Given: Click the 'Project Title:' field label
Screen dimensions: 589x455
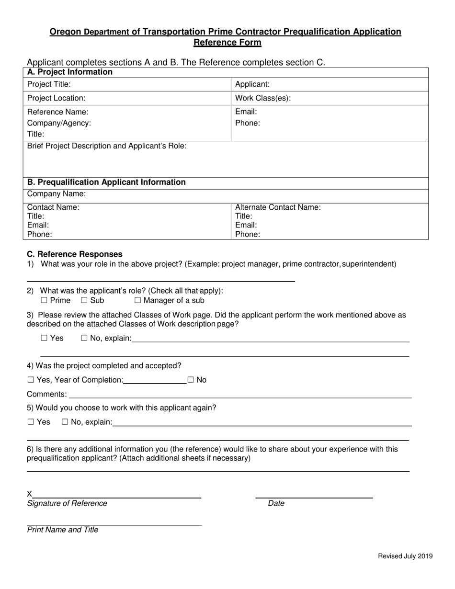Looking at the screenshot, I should (x=49, y=84).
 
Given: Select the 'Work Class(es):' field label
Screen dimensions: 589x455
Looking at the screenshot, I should (x=263, y=98).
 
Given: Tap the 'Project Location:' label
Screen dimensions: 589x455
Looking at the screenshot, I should (x=56, y=98).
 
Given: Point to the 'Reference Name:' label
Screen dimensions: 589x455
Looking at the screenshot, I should (x=57, y=112).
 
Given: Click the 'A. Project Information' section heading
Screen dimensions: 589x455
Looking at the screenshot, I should (x=70, y=72).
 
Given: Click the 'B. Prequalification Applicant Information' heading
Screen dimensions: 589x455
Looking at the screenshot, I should (x=106, y=182).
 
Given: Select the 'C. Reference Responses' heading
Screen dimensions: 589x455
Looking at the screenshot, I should (x=75, y=254).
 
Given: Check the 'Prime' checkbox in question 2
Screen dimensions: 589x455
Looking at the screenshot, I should (x=44, y=301).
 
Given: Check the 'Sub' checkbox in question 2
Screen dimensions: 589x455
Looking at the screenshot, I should (x=84, y=301).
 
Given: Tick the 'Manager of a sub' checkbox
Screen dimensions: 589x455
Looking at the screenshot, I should (x=138, y=301).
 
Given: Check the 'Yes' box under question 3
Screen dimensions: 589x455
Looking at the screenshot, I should (x=44, y=338).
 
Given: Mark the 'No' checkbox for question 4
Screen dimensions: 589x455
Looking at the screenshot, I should (x=191, y=380).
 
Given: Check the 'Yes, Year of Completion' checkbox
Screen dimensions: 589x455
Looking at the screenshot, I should (x=31, y=380).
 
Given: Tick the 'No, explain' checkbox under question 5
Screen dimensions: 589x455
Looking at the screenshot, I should (x=65, y=422).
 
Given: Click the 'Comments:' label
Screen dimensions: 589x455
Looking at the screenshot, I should (x=46, y=394).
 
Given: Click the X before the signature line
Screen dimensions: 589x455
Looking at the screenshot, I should (x=30, y=494).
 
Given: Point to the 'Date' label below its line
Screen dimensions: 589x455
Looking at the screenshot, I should (x=276, y=503).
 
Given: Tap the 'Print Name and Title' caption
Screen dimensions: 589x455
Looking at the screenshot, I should (x=63, y=530).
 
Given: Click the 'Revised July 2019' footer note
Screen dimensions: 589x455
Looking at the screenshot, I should (x=405, y=556).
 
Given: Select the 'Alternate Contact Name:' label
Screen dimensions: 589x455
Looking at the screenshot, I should (x=278, y=207).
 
